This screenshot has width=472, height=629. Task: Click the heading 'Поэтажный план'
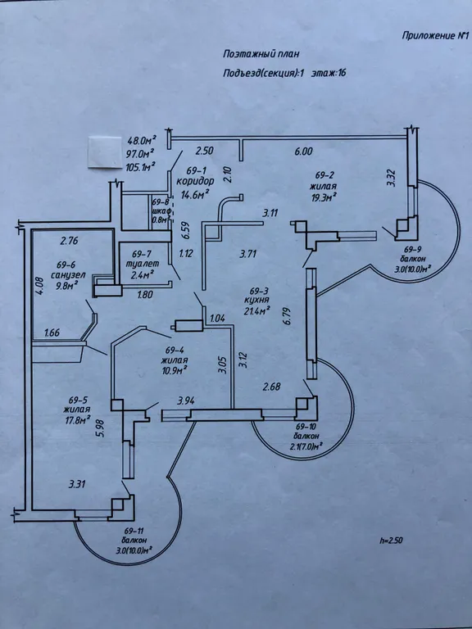pos(261,54)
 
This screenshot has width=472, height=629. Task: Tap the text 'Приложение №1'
pos(435,36)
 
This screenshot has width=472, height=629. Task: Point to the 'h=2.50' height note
pos(391,541)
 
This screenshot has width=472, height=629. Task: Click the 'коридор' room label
pos(195,180)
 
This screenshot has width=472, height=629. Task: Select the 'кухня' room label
pos(256,300)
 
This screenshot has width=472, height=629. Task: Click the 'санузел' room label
pos(68,275)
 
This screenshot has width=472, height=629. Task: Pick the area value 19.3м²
pos(322,197)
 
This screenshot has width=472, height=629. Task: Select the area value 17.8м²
pos(76,420)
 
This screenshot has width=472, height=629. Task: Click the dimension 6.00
pos(303,152)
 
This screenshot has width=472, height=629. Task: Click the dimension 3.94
pos(186,400)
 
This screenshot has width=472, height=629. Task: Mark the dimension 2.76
pos(69,241)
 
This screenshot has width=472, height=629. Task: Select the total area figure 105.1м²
pos(141,166)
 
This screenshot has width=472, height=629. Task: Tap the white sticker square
pos(105,152)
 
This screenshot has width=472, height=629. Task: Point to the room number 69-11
pos(134,531)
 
